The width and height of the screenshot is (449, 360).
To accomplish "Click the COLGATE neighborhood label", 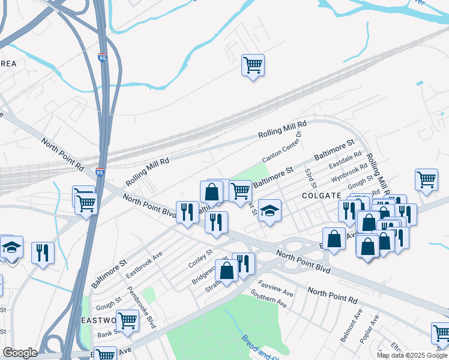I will (322, 196).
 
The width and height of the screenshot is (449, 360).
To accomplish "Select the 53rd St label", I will (310, 176).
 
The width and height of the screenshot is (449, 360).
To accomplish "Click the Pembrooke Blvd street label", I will (142, 307).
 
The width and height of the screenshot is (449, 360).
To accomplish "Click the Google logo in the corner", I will (20, 353).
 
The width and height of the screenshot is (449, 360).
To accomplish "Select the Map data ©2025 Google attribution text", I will (412, 355).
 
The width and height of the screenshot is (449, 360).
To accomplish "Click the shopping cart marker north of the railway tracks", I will (253, 65).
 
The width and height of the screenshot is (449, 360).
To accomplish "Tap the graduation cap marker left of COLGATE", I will (270, 211).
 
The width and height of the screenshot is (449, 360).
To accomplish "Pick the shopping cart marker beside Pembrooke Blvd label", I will (127, 321).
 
